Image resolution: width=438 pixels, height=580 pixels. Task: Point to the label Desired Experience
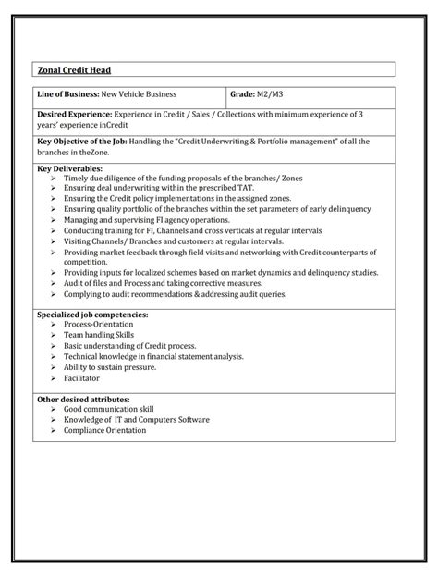pyautogui.click(x=74, y=115)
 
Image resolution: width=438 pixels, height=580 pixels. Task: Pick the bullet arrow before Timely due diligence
pyautogui.click(x=54, y=178)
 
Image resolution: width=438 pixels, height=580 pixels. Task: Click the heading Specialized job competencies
pyautogui.click(x=91, y=315)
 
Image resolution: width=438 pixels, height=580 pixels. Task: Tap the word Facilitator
pyautogui.click(x=81, y=377)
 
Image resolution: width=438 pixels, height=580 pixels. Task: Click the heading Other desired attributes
pyautogui.click(x=83, y=399)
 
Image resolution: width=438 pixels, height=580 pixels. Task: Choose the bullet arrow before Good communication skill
pyautogui.click(x=54, y=409)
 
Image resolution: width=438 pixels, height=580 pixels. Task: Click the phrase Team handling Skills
pyautogui.click(x=99, y=336)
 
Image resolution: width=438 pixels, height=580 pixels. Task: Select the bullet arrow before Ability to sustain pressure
pyautogui.click(x=54, y=367)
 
